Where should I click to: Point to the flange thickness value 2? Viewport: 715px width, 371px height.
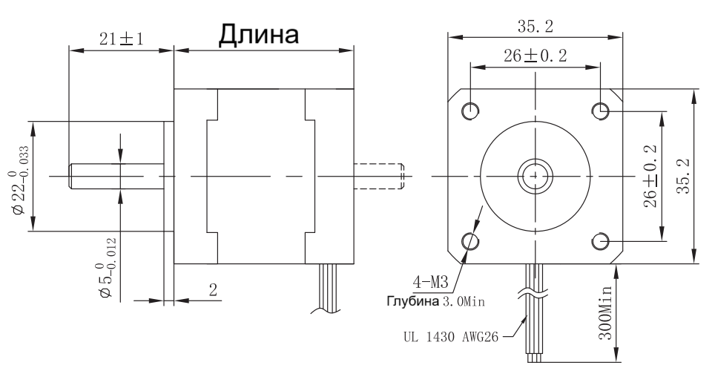tap(213, 290)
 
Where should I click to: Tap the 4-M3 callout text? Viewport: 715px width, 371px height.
tap(431, 283)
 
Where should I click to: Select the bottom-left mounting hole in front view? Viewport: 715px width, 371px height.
tap(471, 241)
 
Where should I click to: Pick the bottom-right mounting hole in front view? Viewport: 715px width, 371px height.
tap(602, 241)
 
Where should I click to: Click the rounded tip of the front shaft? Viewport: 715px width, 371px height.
tap(72, 176)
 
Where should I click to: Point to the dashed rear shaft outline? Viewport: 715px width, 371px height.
tap(378, 176)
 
